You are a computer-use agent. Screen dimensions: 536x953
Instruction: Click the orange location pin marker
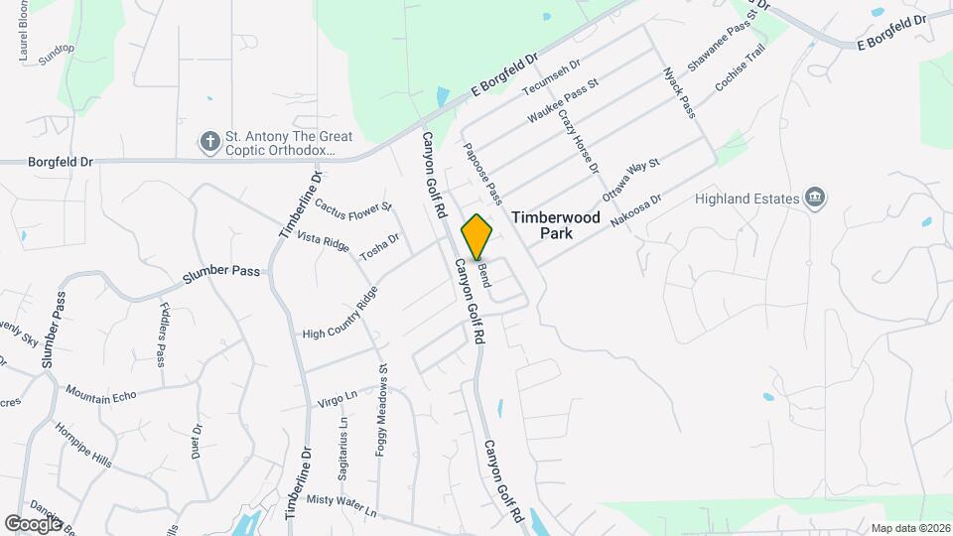point(477,237)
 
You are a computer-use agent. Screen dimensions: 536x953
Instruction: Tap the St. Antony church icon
point(209,142)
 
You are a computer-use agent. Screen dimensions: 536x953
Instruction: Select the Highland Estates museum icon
point(815,198)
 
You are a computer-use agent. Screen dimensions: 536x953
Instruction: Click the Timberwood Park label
point(543,224)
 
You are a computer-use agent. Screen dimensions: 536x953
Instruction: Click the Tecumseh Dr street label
point(551,78)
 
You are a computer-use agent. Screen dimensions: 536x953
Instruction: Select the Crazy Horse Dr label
point(578,141)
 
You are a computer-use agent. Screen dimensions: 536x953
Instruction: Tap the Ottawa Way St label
point(631,182)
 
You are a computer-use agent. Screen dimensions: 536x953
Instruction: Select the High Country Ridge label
point(340,314)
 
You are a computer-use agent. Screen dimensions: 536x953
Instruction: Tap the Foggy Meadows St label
point(381,409)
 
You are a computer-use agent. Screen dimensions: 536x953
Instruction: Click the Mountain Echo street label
point(101,394)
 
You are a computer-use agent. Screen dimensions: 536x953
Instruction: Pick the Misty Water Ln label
point(342,506)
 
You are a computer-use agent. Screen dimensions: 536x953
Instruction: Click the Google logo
point(33,523)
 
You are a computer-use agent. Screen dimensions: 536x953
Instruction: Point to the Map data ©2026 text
point(909,527)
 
